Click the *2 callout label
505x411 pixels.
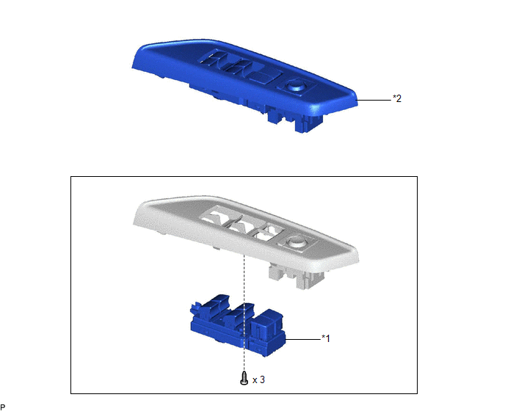pyautogui.click(x=397, y=98)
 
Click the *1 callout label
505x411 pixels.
pyautogui.click(x=326, y=338)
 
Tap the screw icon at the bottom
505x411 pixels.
pyautogui.click(x=244, y=378)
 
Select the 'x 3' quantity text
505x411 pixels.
pyautogui.click(x=258, y=380)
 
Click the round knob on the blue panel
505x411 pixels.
pyautogui.click(x=295, y=85)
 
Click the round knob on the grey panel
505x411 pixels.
pyautogui.click(x=294, y=241)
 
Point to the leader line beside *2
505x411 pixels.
pyautogui.click(x=374, y=100)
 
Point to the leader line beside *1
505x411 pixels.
pyautogui.click(x=302, y=339)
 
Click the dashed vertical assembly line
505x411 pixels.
pyautogui.click(x=244, y=311)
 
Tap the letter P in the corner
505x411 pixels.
pyautogui.click(x=3, y=407)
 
